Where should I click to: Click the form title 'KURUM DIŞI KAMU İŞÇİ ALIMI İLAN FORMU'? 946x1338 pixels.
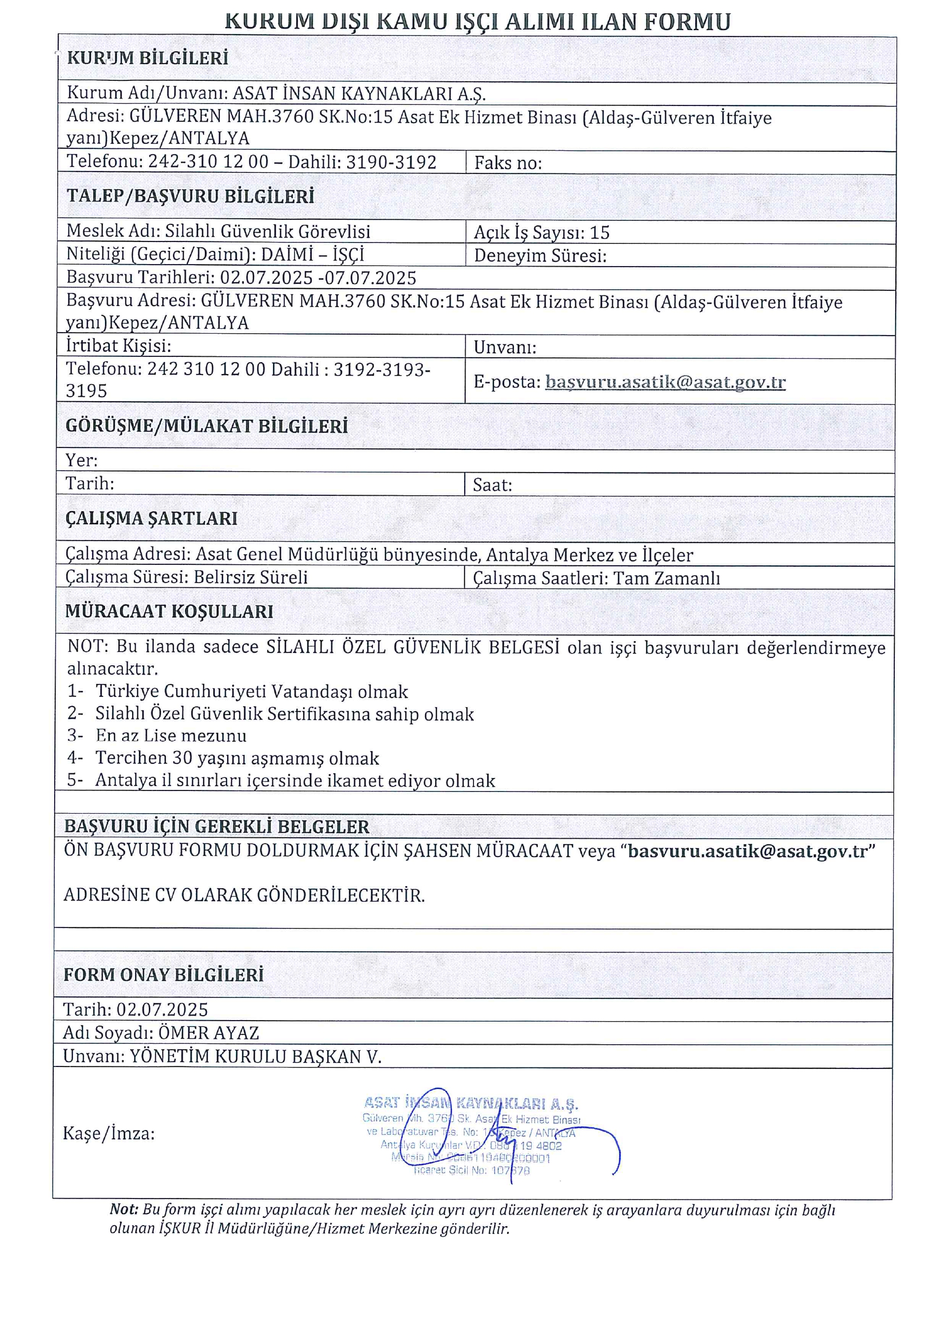(x=477, y=22)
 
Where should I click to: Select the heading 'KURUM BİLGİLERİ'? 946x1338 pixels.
(x=147, y=58)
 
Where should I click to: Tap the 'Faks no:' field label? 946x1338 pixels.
(x=507, y=163)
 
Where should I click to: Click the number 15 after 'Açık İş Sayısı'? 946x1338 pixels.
(x=600, y=233)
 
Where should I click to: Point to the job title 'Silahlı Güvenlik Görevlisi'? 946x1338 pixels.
(x=268, y=231)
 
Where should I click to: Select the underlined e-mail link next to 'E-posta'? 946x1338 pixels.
(x=665, y=382)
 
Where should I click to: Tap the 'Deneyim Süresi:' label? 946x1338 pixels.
(x=540, y=256)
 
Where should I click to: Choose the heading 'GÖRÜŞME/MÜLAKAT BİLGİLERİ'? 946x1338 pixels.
(x=206, y=426)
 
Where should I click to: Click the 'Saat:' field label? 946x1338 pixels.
(x=492, y=485)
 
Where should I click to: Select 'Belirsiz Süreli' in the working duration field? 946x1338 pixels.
(x=250, y=578)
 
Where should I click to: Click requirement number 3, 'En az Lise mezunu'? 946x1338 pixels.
(x=170, y=735)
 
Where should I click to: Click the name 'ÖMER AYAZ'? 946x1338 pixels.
(x=208, y=1033)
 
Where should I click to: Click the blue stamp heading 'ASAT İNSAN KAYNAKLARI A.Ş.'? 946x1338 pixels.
(x=471, y=1103)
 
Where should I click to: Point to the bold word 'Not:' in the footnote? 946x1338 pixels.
(x=124, y=1210)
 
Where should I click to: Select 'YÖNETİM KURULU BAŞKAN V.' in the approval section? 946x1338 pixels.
(x=255, y=1057)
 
